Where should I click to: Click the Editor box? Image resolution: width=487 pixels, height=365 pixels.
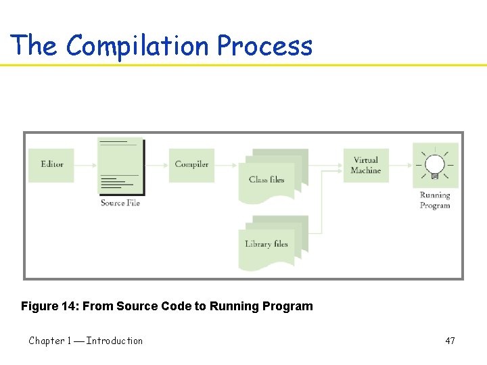tap(51, 164)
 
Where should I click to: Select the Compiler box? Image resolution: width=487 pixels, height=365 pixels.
tap(191, 164)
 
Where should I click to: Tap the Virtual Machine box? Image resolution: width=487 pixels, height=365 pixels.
tap(366, 166)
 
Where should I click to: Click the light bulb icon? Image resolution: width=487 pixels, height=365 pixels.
tap(435, 165)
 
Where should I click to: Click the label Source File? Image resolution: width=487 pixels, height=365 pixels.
tap(120, 203)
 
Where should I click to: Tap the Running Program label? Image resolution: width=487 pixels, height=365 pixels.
tap(435, 200)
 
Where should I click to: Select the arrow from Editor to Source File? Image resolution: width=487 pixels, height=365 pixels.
tap(86, 164)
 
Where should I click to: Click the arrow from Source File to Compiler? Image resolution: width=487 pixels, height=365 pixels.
tap(156, 164)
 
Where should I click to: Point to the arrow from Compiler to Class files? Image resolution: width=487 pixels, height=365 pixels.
tap(226, 164)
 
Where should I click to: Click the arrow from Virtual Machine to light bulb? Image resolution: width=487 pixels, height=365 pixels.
tap(401, 164)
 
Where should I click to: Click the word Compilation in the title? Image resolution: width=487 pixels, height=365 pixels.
tap(138, 46)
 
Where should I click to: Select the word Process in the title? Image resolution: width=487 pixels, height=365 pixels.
tap(264, 46)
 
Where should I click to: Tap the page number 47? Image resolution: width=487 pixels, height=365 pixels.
tap(450, 341)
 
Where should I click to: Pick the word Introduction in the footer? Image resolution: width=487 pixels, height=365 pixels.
tap(114, 341)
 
